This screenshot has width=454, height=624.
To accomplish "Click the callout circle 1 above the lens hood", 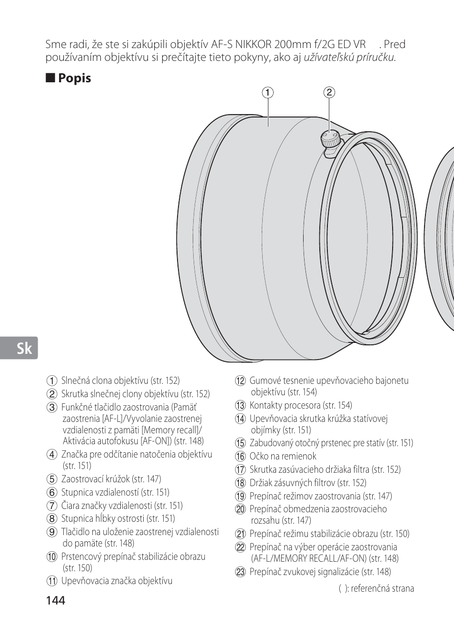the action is point(268,92).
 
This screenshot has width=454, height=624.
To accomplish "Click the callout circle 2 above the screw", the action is point(329,92).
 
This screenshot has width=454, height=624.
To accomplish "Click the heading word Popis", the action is point(74,78).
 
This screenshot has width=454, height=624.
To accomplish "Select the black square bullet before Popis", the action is point(50,78).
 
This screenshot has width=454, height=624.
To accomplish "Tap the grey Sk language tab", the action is point(19,348).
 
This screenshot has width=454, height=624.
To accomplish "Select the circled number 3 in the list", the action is point(52,408).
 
